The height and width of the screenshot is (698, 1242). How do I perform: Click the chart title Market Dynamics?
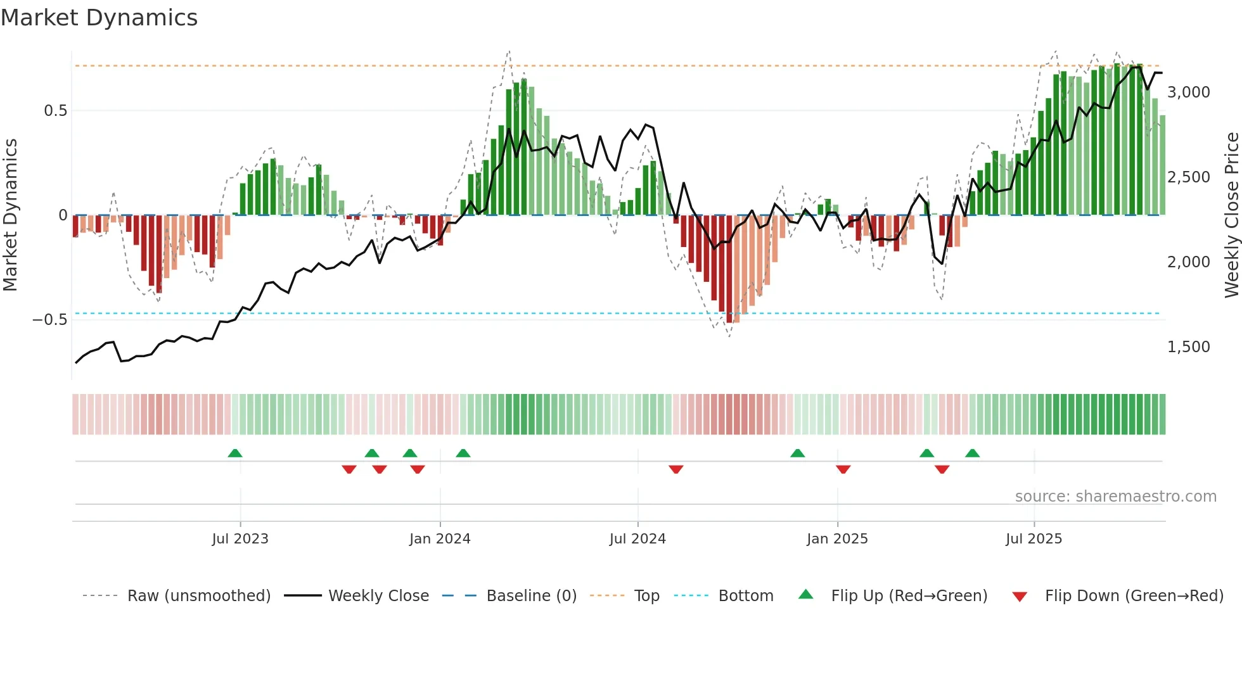tap(99, 18)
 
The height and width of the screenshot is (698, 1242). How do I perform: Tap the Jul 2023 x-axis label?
tap(240, 539)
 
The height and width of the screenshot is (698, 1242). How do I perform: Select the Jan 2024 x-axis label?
tap(440, 539)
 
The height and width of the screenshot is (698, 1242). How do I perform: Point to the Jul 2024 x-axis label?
tap(637, 539)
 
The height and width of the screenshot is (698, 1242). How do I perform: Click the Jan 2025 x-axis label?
tap(837, 539)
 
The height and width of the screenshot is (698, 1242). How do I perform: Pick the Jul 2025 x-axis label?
tap(1034, 539)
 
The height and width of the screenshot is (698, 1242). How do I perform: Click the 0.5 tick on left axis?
tap(55, 111)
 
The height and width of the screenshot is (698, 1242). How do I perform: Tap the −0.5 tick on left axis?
tap(50, 320)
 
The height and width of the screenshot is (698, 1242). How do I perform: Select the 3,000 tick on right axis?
tap(1189, 92)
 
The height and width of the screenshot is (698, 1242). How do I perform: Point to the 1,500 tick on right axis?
tap(1189, 347)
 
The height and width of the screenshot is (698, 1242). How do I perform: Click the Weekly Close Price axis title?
tap(1231, 215)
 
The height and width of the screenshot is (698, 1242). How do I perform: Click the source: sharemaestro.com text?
tap(1115, 497)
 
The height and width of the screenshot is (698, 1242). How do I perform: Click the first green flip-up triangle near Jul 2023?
tap(235, 454)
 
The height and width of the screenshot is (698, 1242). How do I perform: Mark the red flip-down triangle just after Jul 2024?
tap(676, 469)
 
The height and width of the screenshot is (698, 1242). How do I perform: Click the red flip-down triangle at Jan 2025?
tap(843, 469)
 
